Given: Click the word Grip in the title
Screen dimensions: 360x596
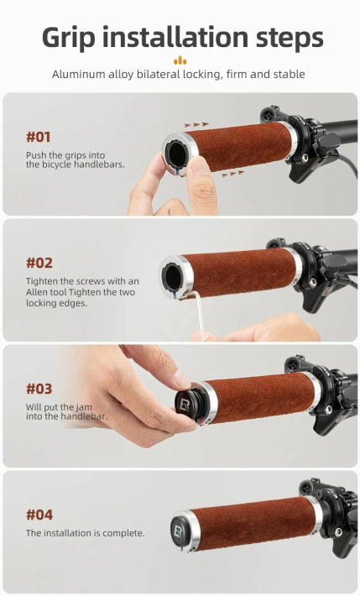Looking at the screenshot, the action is [x=69, y=39].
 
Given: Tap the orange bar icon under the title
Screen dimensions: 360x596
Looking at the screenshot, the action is [x=180, y=60].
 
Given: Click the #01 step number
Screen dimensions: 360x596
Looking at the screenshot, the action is [x=38, y=137].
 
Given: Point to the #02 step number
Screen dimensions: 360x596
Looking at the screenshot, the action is [x=39, y=263].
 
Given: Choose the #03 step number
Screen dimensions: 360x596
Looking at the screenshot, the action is [x=39, y=389].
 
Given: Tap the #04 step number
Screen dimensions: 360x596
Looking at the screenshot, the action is [x=39, y=515].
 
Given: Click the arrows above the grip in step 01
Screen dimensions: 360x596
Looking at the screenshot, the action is [x=196, y=124].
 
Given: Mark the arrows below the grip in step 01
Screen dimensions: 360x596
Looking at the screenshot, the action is [x=232, y=174].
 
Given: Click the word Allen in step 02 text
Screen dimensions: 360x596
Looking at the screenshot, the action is [x=36, y=292].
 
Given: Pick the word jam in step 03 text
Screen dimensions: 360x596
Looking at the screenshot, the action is [x=84, y=407].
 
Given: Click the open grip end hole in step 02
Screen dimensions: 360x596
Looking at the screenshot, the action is [x=173, y=274].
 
